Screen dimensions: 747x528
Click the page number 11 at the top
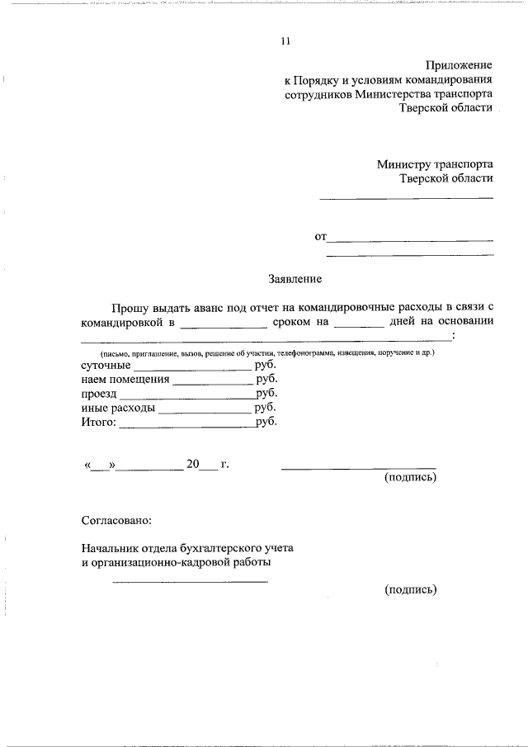click(x=285, y=42)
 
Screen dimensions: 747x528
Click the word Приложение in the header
click(x=459, y=65)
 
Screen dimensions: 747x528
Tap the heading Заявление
click(x=295, y=279)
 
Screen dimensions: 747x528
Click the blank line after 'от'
click(x=410, y=240)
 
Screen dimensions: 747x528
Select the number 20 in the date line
click(x=193, y=464)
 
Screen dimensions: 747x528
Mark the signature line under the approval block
click(x=190, y=582)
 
